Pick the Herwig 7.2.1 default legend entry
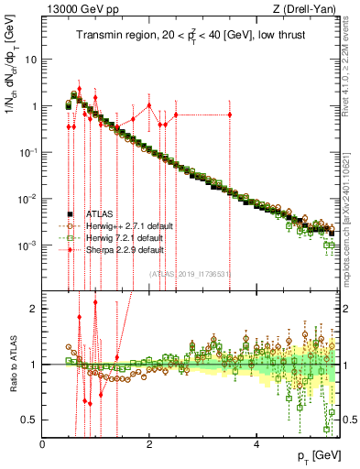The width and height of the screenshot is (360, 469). click(125, 236)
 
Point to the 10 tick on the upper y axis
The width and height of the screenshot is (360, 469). click(31, 60)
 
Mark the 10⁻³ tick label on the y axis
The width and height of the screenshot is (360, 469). click(29, 246)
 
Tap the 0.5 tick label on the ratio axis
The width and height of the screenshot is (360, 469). click(30, 420)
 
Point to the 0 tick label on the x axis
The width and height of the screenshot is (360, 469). click(43, 443)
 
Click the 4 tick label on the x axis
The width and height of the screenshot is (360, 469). click(256, 443)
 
